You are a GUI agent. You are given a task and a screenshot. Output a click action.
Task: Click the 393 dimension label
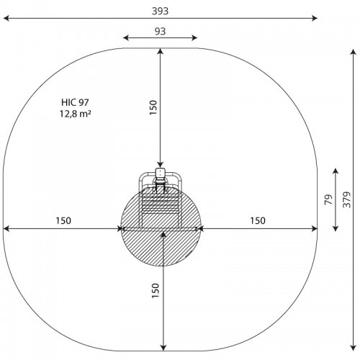coord(160,11)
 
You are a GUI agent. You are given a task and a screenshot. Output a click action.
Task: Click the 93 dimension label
coord(160,31)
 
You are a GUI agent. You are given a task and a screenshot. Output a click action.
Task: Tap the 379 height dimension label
coord(347,199)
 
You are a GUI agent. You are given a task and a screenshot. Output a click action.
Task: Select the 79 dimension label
coord(329,199)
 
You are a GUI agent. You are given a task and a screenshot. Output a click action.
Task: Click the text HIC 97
coord(75,102)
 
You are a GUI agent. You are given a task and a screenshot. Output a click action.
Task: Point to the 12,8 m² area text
coord(76,114)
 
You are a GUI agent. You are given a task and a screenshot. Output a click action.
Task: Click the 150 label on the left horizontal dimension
coord(63,220)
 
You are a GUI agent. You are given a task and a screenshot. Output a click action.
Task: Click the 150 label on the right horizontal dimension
coord(258,220)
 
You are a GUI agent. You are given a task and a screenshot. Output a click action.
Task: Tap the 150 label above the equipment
coord(153,107)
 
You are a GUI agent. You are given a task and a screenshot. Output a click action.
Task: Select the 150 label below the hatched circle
coord(156,291)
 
